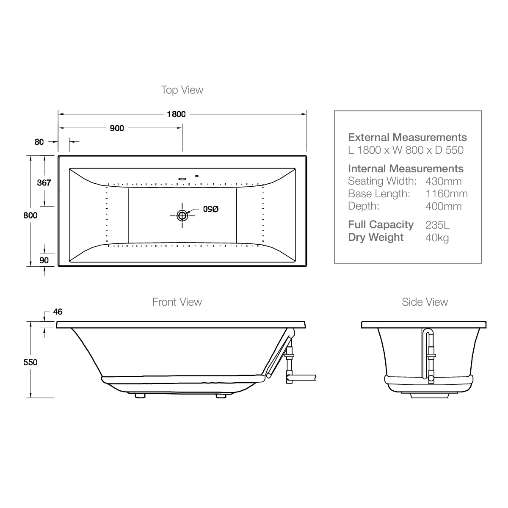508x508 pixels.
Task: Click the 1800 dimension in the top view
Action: click(176, 114)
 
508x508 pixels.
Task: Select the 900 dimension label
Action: click(117, 128)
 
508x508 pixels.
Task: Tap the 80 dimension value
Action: click(39, 142)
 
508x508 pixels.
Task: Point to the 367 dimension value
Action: click(44, 182)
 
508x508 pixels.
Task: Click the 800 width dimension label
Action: click(30, 215)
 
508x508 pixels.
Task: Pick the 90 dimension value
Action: click(44, 260)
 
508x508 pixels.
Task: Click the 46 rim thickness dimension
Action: click(58, 312)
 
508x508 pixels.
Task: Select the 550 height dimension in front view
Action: click(30, 362)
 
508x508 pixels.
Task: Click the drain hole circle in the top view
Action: click(182, 215)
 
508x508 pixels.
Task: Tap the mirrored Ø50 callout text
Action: click(210, 209)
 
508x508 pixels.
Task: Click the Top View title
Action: click(182, 90)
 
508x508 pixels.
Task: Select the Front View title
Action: click(177, 302)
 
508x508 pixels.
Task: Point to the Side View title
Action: click(425, 302)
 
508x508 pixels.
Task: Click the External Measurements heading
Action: click(407, 137)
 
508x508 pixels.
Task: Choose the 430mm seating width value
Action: click(443, 181)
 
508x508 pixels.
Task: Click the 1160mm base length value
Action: click(446, 194)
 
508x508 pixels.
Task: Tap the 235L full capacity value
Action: click(437, 225)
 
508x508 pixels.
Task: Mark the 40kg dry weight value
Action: click(437, 237)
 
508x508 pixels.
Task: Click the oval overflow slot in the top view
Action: click(182, 178)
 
